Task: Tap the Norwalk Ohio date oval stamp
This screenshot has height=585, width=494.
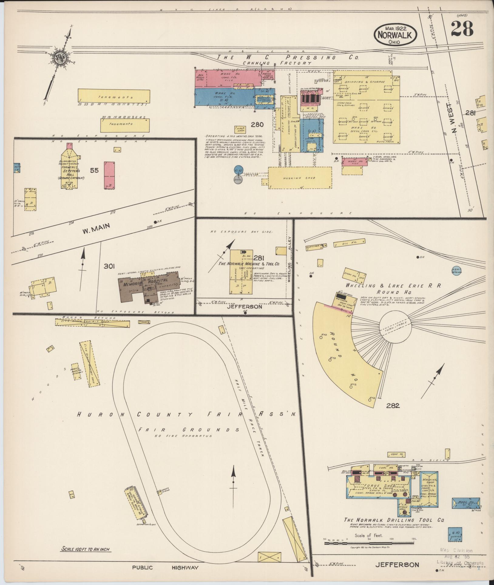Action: click(395, 35)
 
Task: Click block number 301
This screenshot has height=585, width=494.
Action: click(109, 266)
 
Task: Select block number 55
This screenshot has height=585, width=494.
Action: click(94, 170)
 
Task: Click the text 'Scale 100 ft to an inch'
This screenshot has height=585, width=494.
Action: click(86, 549)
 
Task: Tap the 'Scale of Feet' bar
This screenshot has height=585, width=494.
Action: click(370, 543)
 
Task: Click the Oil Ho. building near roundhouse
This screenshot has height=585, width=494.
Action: click(349, 243)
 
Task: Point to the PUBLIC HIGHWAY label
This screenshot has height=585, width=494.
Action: click(165, 567)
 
